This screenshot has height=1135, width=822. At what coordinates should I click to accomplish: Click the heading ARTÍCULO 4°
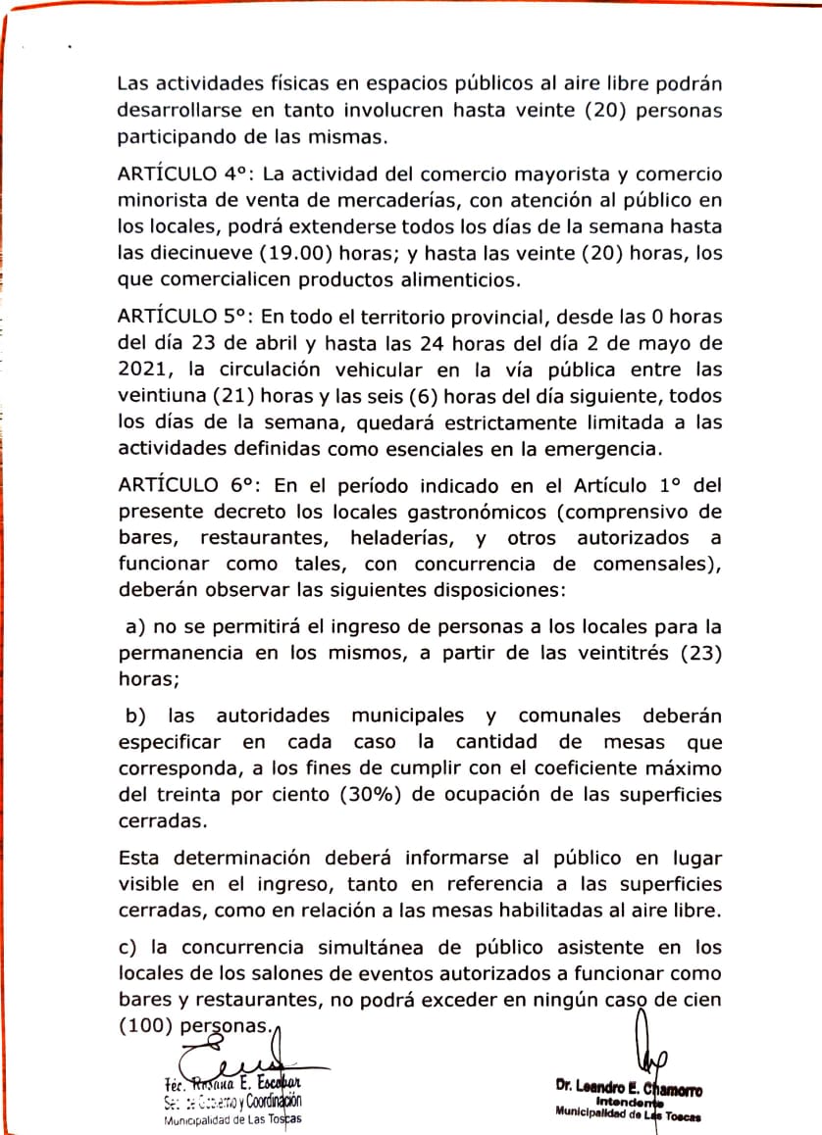point(186,175)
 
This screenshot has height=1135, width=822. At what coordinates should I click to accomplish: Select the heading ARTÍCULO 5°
point(186,320)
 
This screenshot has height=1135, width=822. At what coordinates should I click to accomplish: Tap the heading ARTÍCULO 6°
point(186,486)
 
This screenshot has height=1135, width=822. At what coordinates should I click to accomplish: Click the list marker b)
point(134,716)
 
